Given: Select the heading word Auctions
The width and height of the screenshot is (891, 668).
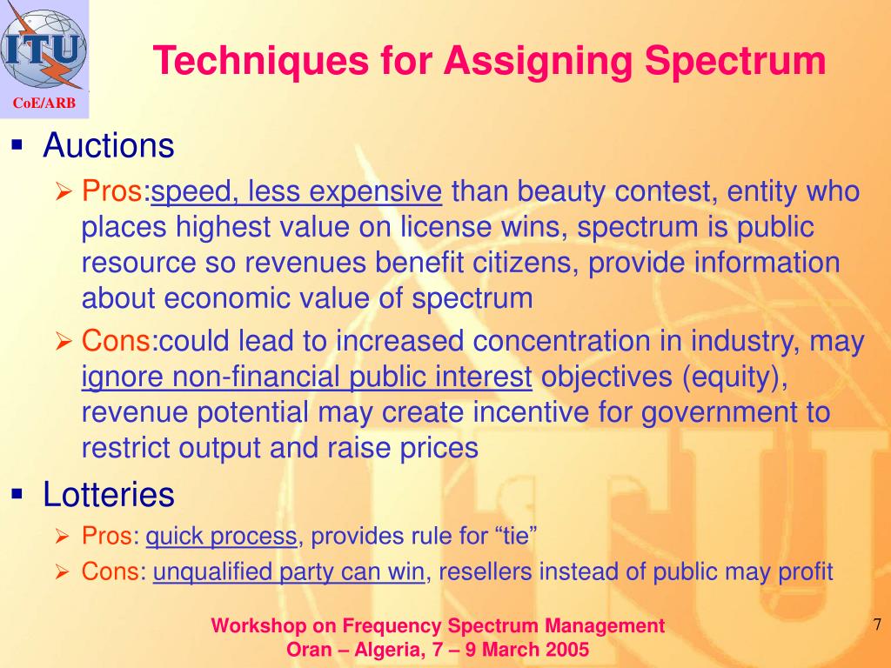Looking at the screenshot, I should coord(109,146).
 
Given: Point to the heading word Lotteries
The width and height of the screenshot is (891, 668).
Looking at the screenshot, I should coord(109,496).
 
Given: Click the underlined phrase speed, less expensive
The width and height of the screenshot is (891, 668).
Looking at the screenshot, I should coord(297,191).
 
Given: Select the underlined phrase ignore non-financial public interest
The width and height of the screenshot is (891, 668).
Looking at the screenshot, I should coord(306,377).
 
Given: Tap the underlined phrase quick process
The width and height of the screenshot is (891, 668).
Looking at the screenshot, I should coord(221,537).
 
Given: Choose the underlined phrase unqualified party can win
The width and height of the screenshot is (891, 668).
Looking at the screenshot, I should coord(289,571).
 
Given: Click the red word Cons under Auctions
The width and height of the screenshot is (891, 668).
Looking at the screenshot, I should coord(116,342).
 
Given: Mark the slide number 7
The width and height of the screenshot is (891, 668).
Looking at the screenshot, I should coord(876,625).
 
